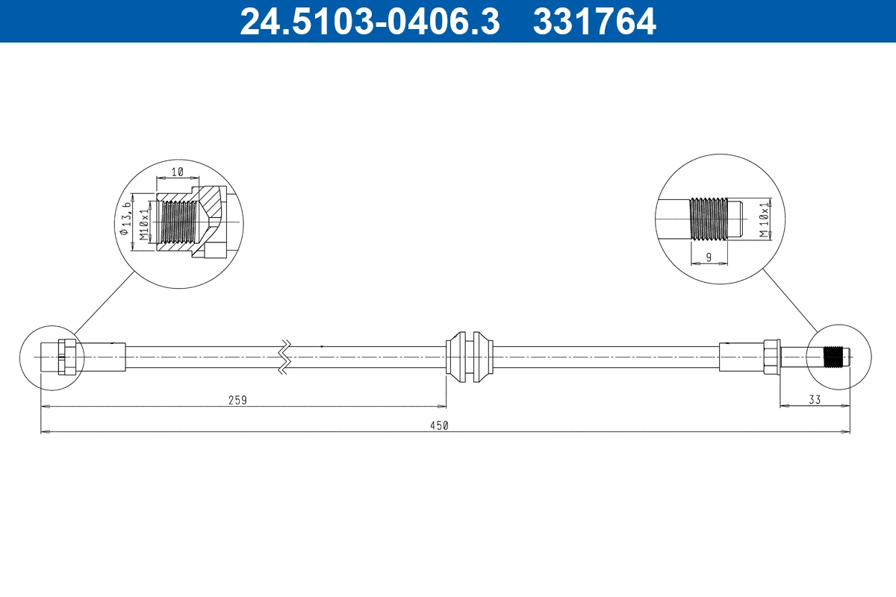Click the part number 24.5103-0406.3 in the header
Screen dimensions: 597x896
coord(369,21)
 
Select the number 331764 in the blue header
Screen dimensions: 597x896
coord(594,21)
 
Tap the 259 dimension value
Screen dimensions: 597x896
coord(237,400)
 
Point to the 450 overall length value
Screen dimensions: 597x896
coord(438,425)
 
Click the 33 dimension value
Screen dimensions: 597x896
coord(814,400)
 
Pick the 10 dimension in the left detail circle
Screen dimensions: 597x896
coord(178,172)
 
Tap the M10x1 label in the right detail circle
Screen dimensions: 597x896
coord(764,219)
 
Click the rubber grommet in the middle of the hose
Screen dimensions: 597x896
coord(469,356)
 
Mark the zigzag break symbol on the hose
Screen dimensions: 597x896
coord(284,356)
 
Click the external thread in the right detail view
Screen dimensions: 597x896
coord(707,219)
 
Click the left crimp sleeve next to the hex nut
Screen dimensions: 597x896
coord(102,356)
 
